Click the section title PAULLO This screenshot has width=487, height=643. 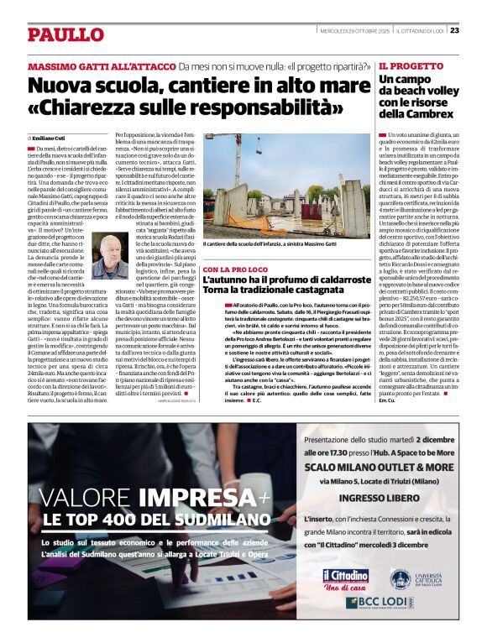pyautogui.click(x=65, y=34)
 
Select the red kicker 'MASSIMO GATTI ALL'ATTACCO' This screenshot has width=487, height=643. pyautogui.click(x=101, y=66)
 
